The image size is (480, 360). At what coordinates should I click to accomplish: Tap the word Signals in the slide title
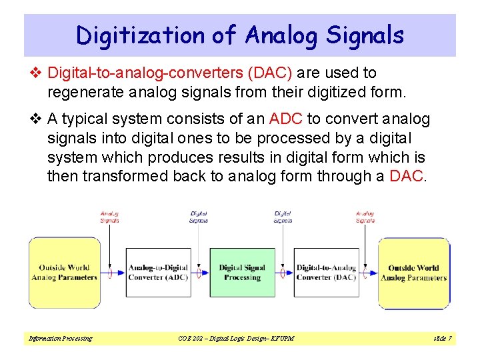[365, 35]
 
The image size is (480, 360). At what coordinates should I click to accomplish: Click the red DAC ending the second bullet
[405, 176]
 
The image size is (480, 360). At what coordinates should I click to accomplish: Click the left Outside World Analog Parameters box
[64, 273]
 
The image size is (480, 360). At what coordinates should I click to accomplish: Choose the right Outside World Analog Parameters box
[413, 273]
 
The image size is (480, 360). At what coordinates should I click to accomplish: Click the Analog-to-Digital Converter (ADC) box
[158, 273]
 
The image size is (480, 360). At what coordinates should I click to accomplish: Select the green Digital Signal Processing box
[242, 273]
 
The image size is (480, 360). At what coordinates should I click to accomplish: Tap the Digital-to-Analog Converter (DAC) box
[326, 273]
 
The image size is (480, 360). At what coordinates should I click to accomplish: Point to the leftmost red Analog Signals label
[109, 217]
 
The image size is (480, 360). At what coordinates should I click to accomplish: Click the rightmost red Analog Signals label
[365, 217]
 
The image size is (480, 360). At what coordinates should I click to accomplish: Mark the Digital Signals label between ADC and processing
[199, 217]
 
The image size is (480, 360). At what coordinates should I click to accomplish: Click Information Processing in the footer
[60, 339]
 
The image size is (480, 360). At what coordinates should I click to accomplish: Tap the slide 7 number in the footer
[442, 339]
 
